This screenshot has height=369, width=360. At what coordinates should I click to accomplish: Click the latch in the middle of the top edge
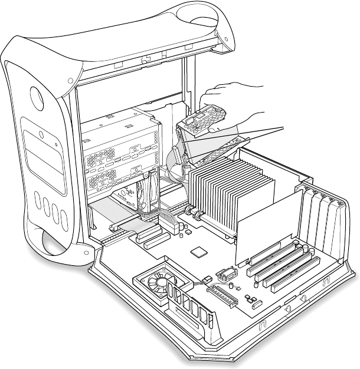coord(143,60)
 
